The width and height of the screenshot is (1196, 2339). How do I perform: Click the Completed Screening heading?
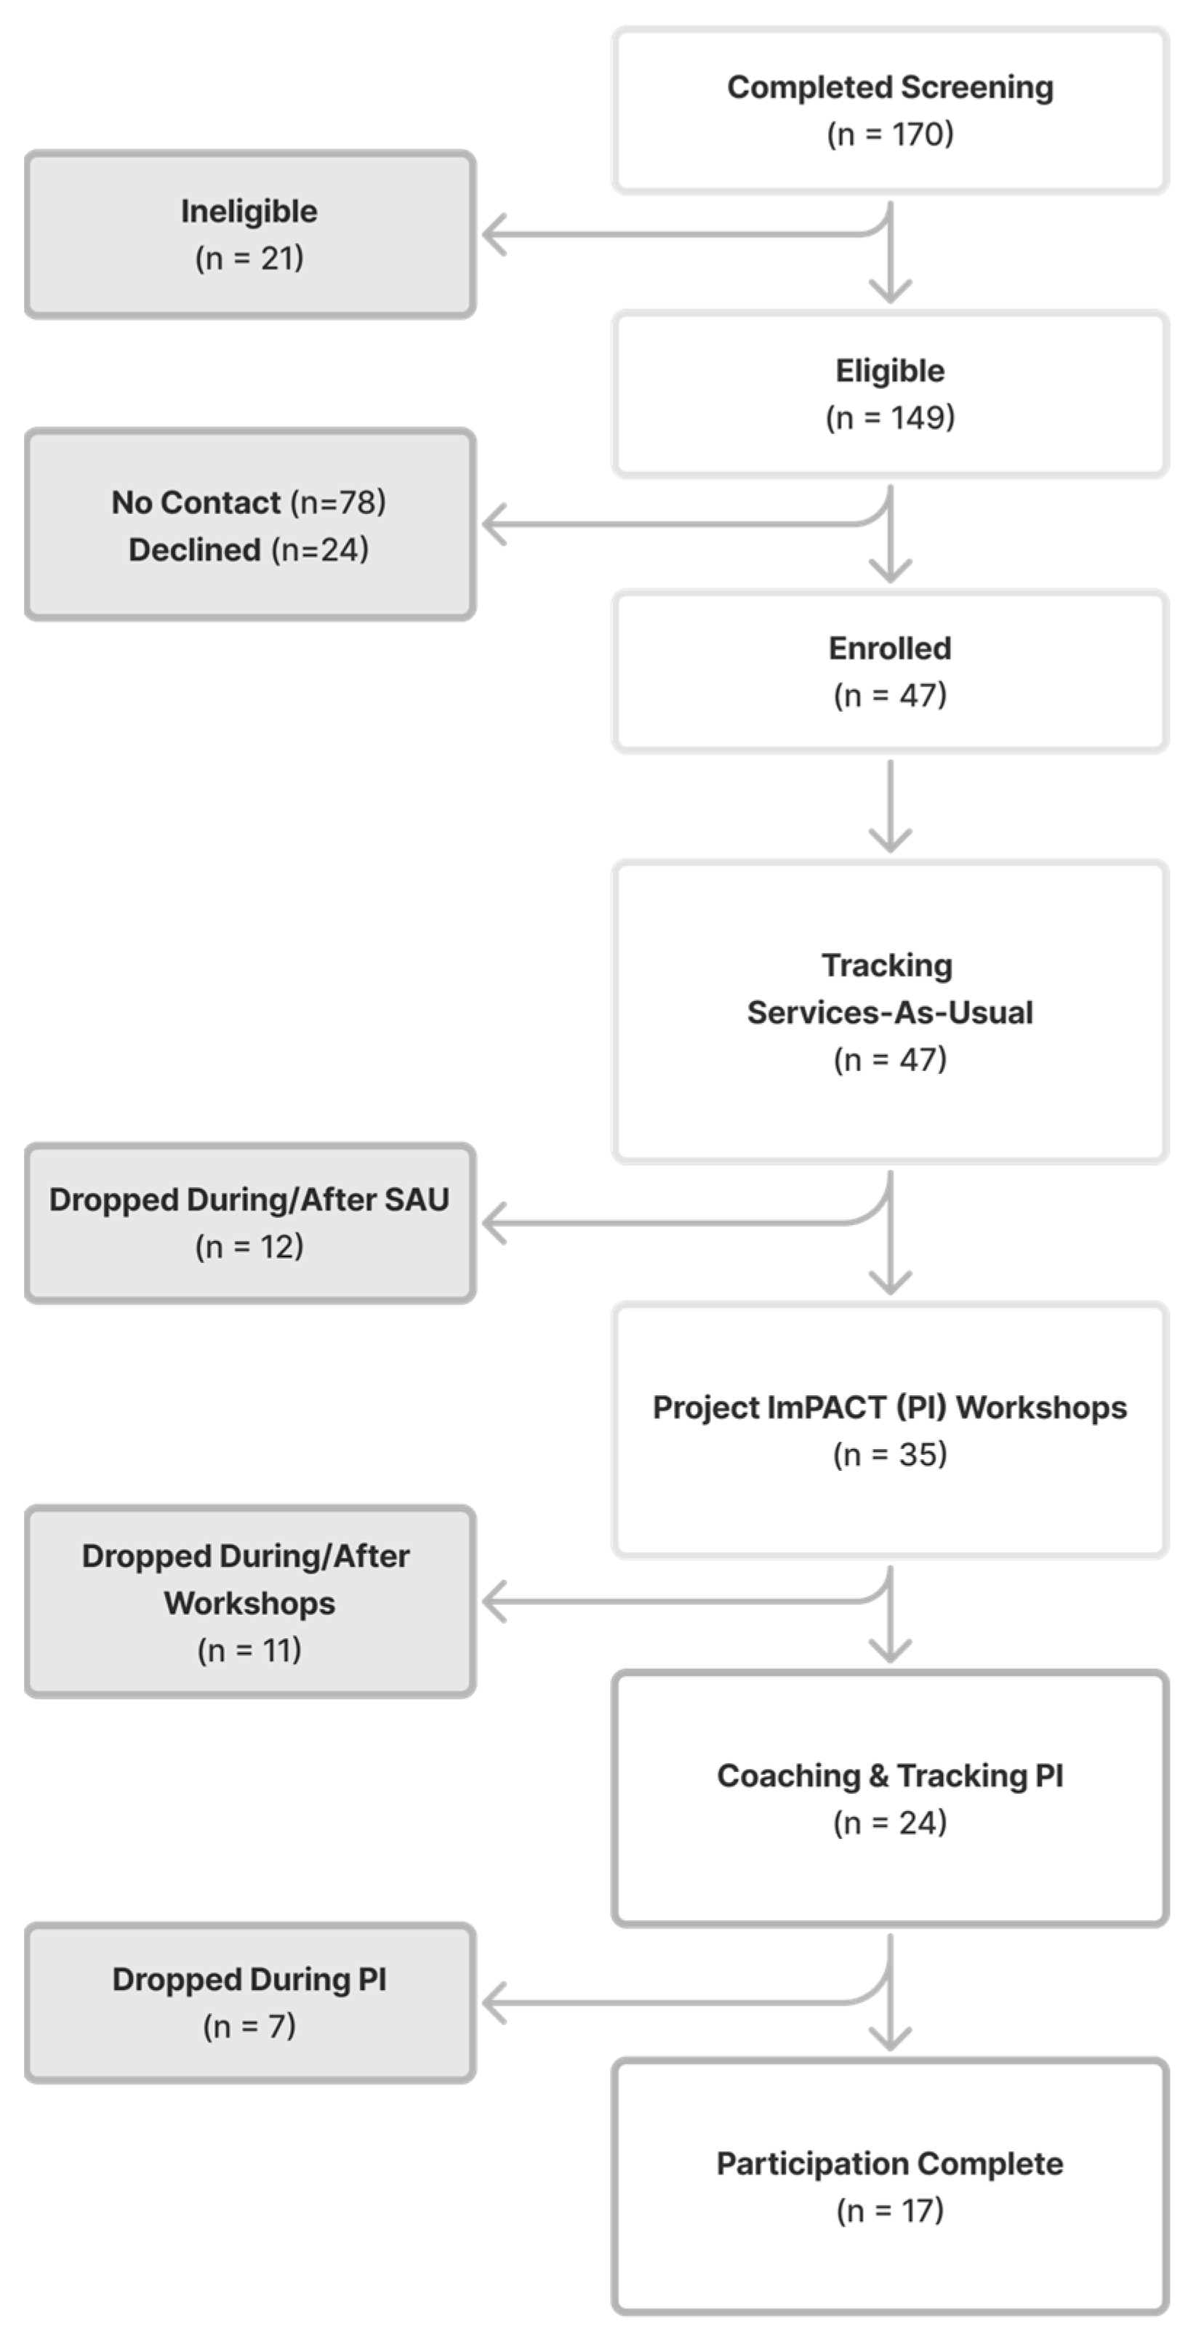click(x=889, y=88)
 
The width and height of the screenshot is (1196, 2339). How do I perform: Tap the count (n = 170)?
click(x=889, y=135)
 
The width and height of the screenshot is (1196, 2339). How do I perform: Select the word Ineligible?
click(x=249, y=212)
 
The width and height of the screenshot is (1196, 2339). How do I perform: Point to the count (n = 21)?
click(x=249, y=259)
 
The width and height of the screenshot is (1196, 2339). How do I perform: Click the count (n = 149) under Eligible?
click(x=889, y=417)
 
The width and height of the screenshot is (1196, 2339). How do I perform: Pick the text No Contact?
click(x=196, y=503)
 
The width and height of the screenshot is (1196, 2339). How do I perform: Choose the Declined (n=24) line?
click(x=249, y=550)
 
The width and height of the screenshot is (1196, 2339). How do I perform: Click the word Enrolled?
click(x=889, y=649)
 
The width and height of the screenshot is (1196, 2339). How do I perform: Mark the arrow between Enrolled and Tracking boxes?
click(x=890, y=806)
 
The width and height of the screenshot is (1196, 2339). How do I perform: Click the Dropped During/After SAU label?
click(x=249, y=1200)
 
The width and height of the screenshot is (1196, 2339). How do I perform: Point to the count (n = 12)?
click(x=249, y=1247)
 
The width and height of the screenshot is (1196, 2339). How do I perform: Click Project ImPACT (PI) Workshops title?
click(x=889, y=1408)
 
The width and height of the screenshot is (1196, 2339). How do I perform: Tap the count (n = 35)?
click(x=889, y=1455)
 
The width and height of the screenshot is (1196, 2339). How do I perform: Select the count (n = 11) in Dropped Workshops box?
click(x=249, y=1650)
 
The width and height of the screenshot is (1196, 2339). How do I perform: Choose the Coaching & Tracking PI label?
click(x=889, y=1776)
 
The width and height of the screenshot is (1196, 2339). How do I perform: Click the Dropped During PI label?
click(x=249, y=1979)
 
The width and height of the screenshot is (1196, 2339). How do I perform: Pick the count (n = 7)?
click(x=249, y=2026)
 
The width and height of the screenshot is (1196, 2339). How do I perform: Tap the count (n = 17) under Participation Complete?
click(x=889, y=2210)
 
